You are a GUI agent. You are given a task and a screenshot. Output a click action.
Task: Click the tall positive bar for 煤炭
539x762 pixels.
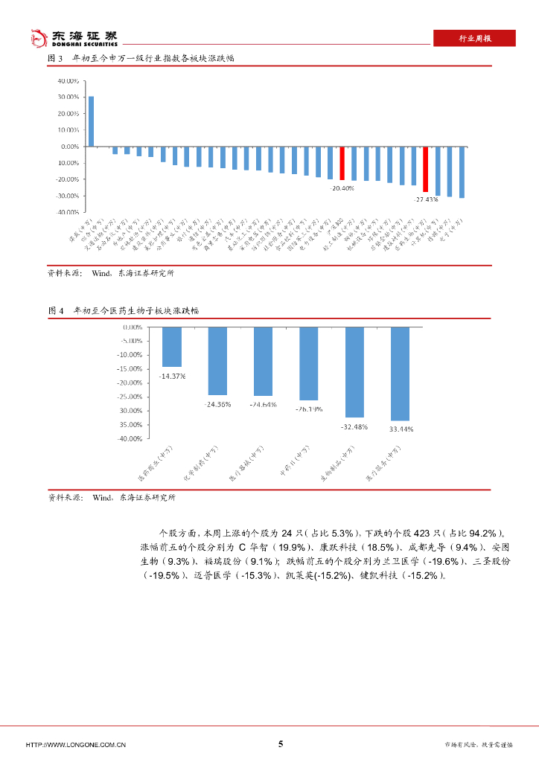91,121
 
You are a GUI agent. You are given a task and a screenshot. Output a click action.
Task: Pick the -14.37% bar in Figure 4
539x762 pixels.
172,347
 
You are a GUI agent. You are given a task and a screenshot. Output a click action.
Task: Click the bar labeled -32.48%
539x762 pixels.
354,372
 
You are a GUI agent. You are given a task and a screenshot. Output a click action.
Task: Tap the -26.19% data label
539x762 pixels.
308,409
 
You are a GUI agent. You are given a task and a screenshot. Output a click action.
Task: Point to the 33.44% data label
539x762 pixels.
401,429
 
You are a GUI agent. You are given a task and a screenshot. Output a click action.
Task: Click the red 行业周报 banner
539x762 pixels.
474,39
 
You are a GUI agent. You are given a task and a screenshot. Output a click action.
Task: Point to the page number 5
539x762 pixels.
281,743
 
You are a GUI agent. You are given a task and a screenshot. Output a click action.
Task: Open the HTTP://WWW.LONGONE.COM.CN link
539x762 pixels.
75,744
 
